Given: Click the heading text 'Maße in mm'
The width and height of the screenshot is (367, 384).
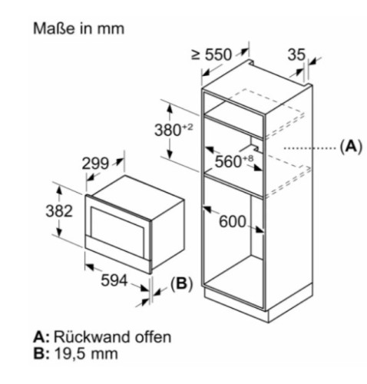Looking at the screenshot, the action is pos(78,28).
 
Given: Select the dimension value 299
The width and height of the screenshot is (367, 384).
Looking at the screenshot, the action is pos(95,164).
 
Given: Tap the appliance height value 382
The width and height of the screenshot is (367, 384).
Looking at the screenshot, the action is pos(59,211).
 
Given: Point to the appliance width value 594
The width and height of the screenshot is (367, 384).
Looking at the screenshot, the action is pos(114,280).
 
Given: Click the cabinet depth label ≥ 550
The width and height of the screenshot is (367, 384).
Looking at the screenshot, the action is pos(212,55).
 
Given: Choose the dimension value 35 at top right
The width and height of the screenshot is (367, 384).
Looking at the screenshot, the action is pos(296,55).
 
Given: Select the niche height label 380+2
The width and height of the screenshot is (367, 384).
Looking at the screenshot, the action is pos(174,130).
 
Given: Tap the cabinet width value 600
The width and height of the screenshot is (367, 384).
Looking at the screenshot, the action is pos(233,221).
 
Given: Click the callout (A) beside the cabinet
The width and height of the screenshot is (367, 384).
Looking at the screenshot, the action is pos(351,147).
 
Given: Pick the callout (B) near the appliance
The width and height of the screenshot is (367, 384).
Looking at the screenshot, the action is pos(181,283).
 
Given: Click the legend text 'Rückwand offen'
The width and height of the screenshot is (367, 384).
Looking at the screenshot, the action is pos(112,337).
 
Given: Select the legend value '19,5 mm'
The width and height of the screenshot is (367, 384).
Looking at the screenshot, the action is pos(86,354).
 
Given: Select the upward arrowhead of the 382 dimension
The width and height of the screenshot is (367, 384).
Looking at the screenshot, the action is pos(59,190).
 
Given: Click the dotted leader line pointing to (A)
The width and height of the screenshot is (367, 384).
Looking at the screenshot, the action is pos(310,148).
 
